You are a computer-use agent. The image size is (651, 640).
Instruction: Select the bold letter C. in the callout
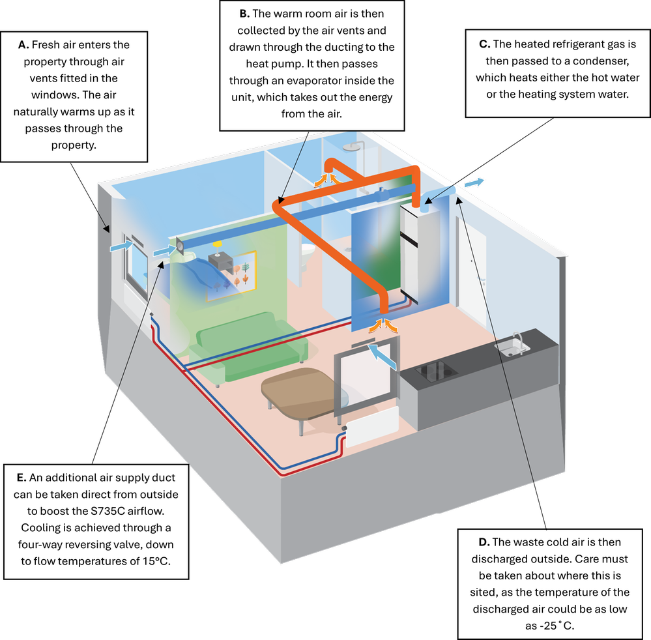click(484, 45)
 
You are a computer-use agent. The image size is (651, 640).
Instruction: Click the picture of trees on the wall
click(231, 276)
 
